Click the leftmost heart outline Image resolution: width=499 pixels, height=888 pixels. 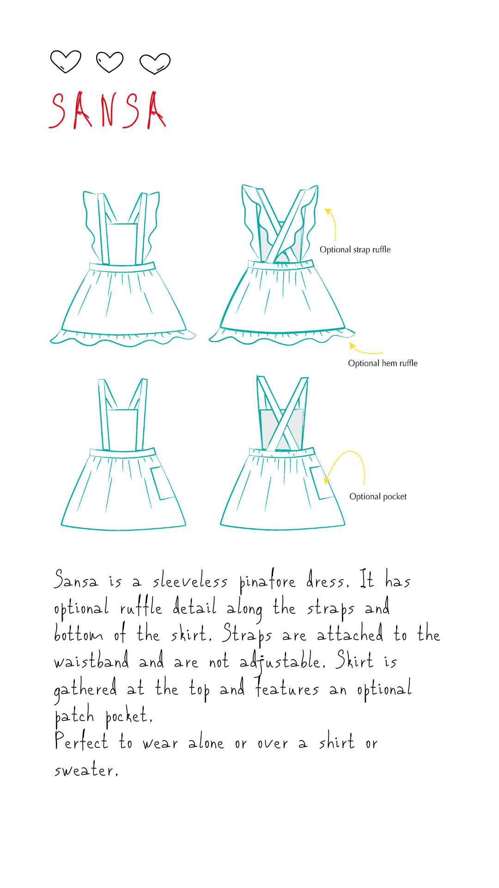point(66,62)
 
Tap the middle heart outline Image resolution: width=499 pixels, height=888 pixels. point(110,62)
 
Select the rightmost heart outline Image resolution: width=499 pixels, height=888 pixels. point(155,63)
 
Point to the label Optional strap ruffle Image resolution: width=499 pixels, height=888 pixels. point(355,250)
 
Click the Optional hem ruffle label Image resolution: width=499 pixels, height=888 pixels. point(383,364)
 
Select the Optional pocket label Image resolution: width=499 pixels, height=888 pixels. point(378,497)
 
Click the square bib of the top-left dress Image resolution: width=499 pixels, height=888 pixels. point(122,244)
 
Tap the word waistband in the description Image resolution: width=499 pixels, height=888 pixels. point(91,661)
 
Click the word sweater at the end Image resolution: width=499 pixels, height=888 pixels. point(85,770)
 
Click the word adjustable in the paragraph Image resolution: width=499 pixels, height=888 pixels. point(282,661)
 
